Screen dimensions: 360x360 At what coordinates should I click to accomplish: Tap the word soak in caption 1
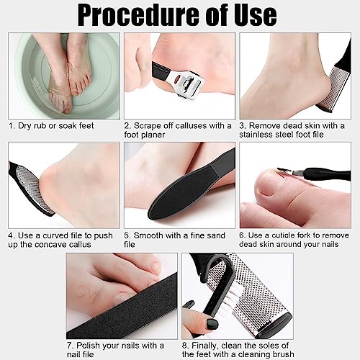coord(68,126)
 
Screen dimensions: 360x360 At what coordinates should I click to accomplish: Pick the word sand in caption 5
coord(215,235)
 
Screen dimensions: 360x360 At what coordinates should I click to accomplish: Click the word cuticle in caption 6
coord(283,235)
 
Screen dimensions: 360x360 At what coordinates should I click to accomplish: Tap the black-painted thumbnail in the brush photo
coord(212,324)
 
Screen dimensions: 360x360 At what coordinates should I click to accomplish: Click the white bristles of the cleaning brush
coord(227,300)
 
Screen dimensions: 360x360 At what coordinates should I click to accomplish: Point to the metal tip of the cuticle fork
coord(288,171)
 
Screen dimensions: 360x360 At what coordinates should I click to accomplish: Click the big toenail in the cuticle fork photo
coord(270,186)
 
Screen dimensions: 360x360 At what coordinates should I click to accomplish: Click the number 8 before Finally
coord(184,346)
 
